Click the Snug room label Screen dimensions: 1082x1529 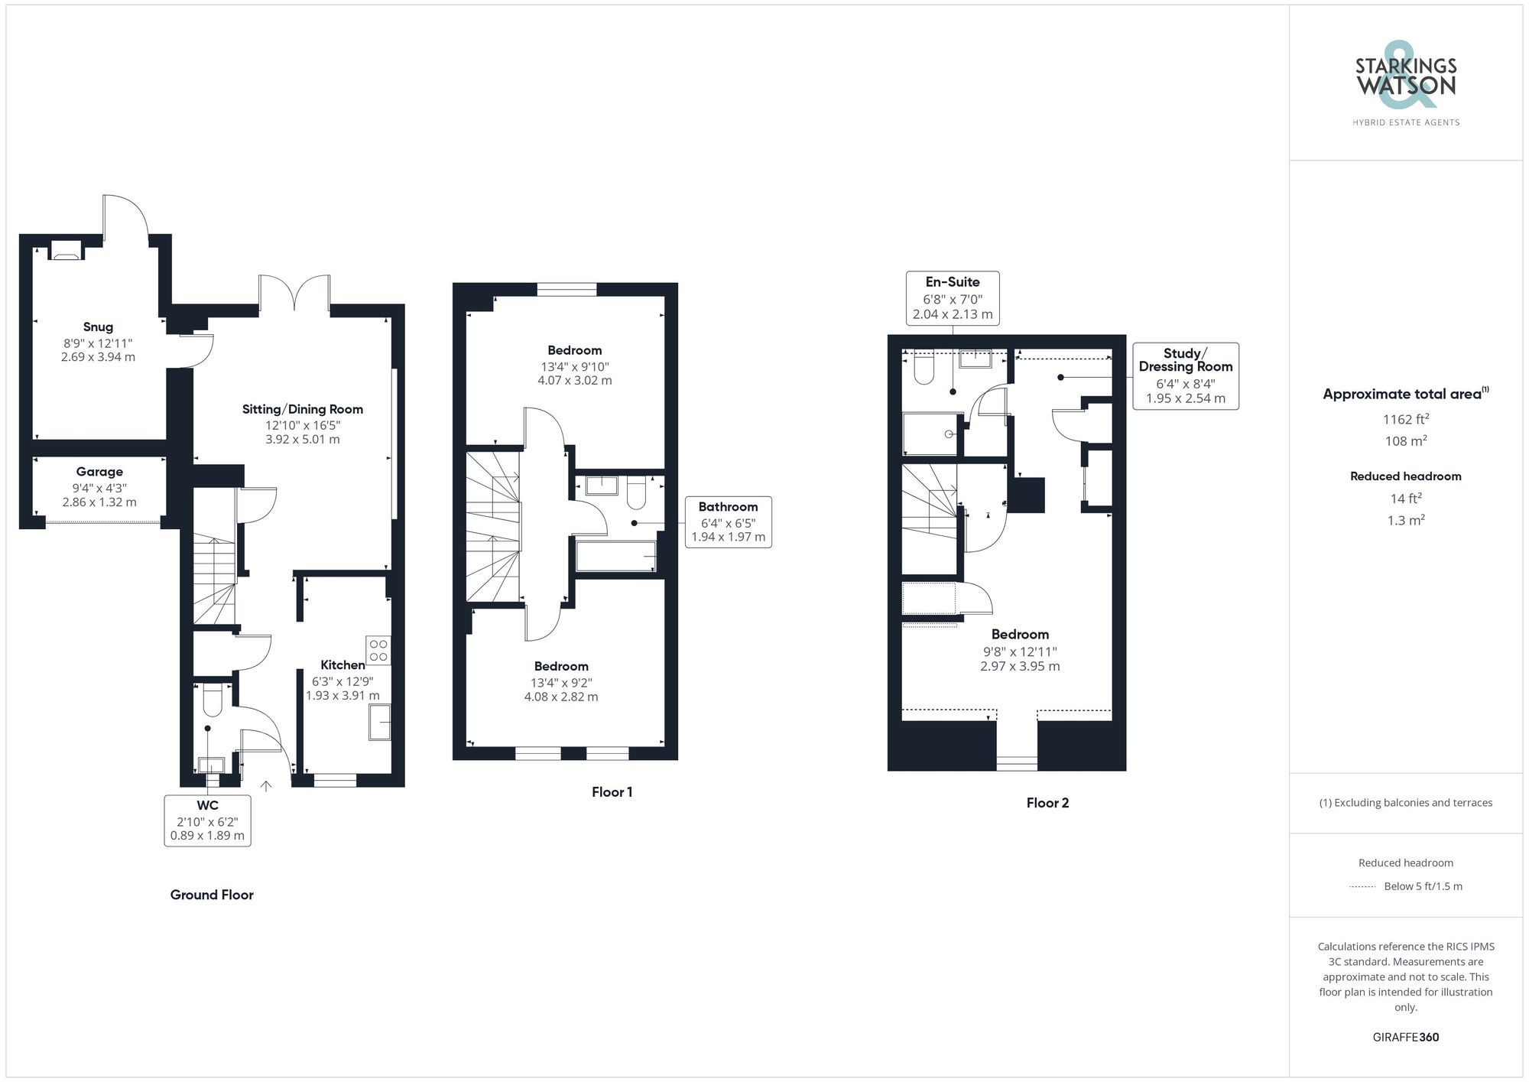98,327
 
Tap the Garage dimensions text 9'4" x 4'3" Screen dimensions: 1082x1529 99,488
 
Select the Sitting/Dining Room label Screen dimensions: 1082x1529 302,409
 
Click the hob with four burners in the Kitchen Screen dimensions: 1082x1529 378,650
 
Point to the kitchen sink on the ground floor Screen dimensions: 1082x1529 380,722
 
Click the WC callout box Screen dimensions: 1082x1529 207,820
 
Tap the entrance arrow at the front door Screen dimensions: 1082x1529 266,785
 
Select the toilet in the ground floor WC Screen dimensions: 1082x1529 212,698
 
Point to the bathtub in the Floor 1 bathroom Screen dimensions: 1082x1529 615,556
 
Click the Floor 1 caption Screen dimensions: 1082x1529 612,792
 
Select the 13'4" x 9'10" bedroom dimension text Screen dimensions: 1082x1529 574,366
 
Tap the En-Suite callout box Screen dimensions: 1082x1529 952,297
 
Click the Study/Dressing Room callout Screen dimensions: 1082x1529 1185,375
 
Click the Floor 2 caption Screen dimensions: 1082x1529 1047,803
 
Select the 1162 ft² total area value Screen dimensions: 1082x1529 1405,419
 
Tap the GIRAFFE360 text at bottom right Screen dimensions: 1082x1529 1405,1037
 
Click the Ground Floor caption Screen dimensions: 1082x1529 212,895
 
